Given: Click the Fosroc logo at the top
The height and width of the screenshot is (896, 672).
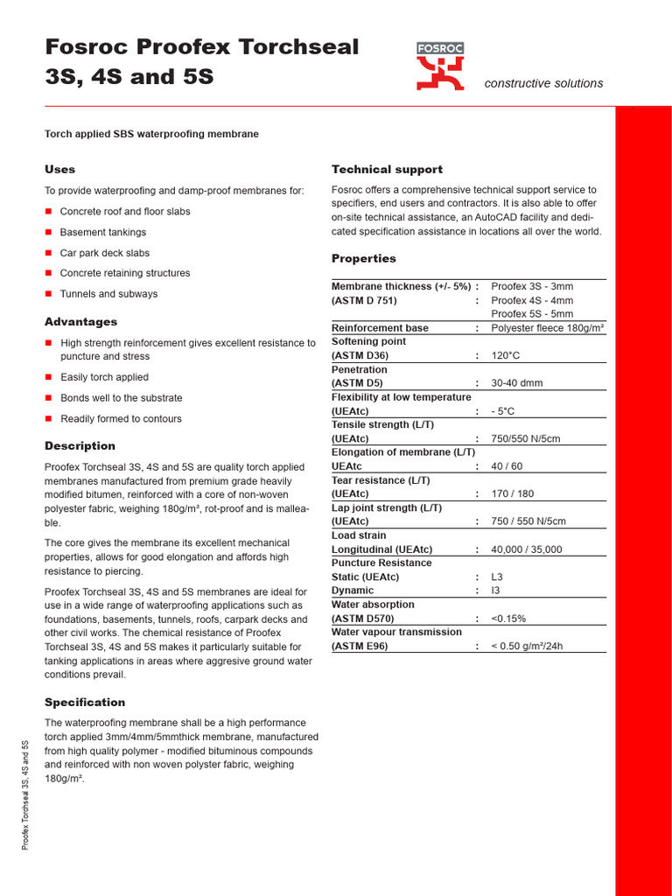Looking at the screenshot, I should click(x=440, y=66).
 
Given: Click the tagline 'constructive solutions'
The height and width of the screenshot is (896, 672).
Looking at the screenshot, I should click(x=543, y=83).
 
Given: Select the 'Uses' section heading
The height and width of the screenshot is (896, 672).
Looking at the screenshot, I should click(x=59, y=169).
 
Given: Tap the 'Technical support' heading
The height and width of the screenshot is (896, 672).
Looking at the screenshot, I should click(x=387, y=169).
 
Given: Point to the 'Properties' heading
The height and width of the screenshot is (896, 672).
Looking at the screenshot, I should click(x=363, y=258).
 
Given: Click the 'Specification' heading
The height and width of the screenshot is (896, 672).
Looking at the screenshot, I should click(x=85, y=702).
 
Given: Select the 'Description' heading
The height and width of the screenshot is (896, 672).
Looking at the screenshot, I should click(x=80, y=445).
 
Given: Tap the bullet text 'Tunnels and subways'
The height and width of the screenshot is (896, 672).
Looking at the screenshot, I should click(x=108, y=294).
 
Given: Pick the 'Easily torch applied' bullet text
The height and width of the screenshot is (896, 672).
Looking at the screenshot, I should click(x=104, y=377).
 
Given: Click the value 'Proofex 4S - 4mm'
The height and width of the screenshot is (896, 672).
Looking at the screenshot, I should click(x=532, y=300).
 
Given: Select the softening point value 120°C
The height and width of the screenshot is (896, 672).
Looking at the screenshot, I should click(x=506, y=356).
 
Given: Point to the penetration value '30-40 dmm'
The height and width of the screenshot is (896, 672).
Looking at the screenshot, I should click(x=517, y=383).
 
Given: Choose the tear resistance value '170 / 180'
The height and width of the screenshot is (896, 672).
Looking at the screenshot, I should click(x=513, y=494).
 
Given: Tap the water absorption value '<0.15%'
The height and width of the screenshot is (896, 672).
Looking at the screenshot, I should click(x=508, y=619).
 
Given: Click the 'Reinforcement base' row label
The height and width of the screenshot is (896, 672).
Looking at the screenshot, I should click(x=380, y=328).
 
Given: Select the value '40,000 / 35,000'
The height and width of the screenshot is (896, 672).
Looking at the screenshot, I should click(x=527, y=549).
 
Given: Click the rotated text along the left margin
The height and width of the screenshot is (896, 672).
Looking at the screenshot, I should click(x=25, y=794).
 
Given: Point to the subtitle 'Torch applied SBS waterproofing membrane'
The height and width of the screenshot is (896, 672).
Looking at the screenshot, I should click(x=151, y=134).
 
